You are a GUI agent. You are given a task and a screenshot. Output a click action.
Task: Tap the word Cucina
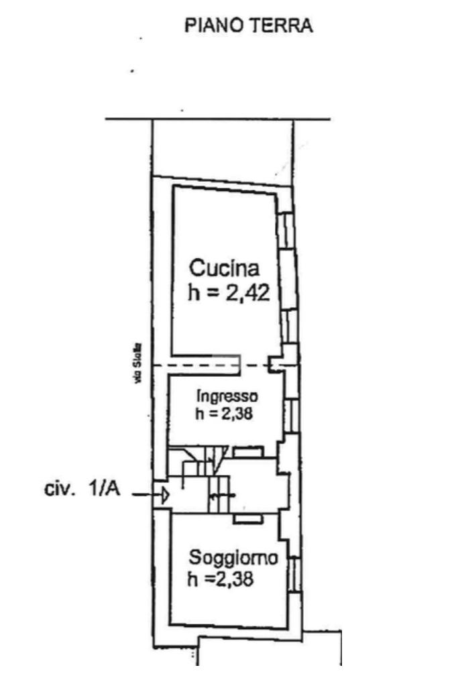224,269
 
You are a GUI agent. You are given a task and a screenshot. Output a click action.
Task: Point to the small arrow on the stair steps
221,496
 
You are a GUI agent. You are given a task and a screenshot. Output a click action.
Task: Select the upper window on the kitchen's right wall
286,229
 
